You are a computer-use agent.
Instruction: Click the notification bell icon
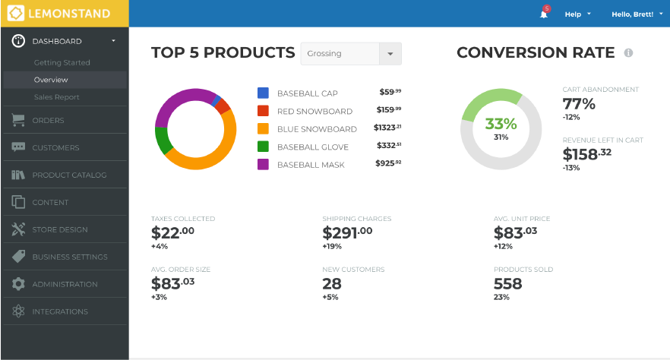[544, 14]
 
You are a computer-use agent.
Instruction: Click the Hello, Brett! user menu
[636, 14]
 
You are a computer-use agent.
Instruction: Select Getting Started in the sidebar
[62, 62]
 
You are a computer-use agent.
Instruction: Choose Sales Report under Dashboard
[56, 97]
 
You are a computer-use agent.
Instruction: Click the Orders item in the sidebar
[48, 120]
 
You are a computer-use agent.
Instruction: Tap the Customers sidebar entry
[55, 147]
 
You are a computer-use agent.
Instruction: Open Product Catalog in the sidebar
[69, 175]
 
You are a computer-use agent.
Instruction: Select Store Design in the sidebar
[59, 229]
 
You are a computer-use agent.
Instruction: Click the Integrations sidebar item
[59, 311]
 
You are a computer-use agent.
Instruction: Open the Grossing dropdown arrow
[390, 54]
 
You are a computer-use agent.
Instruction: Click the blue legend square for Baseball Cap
[264, 93]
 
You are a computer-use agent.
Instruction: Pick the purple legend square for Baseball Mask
[264, 164]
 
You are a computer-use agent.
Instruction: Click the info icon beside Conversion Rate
[628, 53]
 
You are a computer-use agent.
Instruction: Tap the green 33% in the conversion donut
[501, 124]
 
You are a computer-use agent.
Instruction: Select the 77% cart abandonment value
[579, 104]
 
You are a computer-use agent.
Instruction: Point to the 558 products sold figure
[508, 284]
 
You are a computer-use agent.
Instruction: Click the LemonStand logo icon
[16, 13]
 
